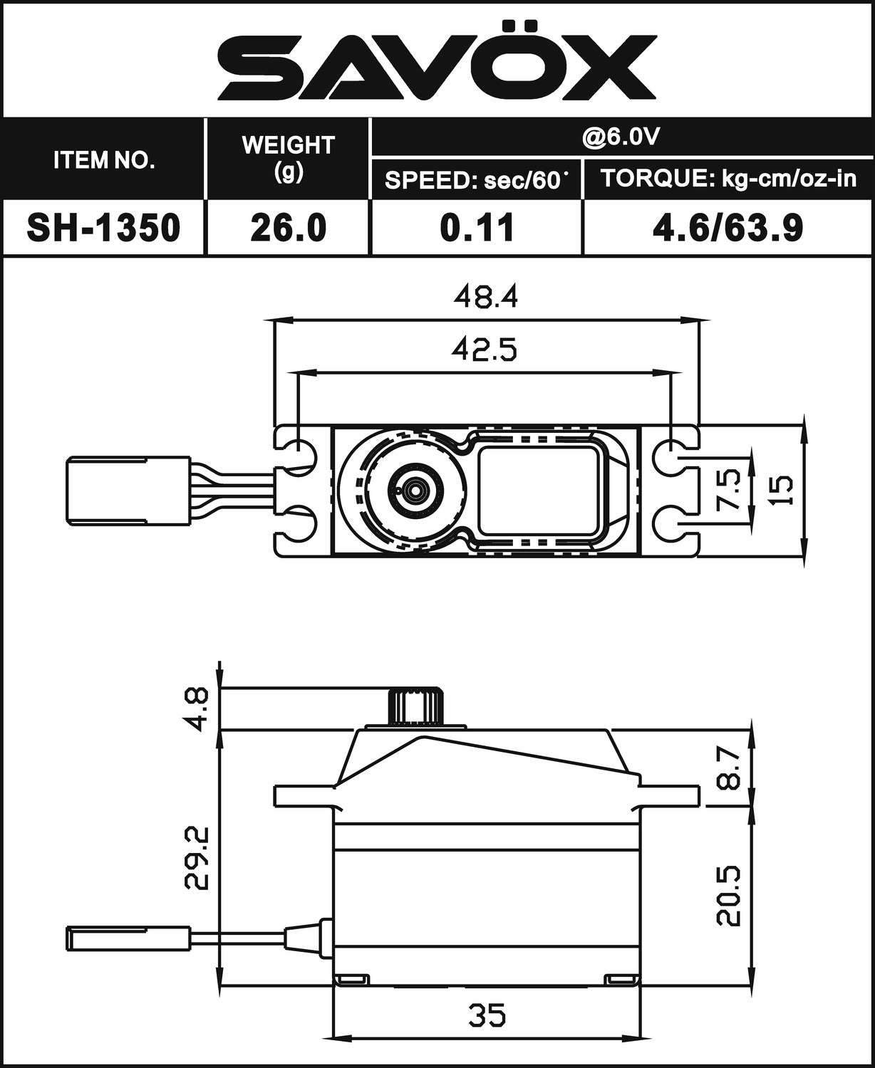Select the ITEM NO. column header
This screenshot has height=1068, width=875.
pos(104,160)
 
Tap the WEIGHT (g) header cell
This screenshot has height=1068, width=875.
pos(288,158)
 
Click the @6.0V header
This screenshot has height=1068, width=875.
pos(621,137)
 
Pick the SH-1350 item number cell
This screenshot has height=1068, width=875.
pos(103,228)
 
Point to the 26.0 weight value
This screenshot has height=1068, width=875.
pos(289,228)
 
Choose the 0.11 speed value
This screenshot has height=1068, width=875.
pos(477,228)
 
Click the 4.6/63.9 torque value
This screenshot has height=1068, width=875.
pos(728,228)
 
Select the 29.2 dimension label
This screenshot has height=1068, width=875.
pos(195,857)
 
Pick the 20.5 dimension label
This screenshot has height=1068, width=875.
pos(728,896)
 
